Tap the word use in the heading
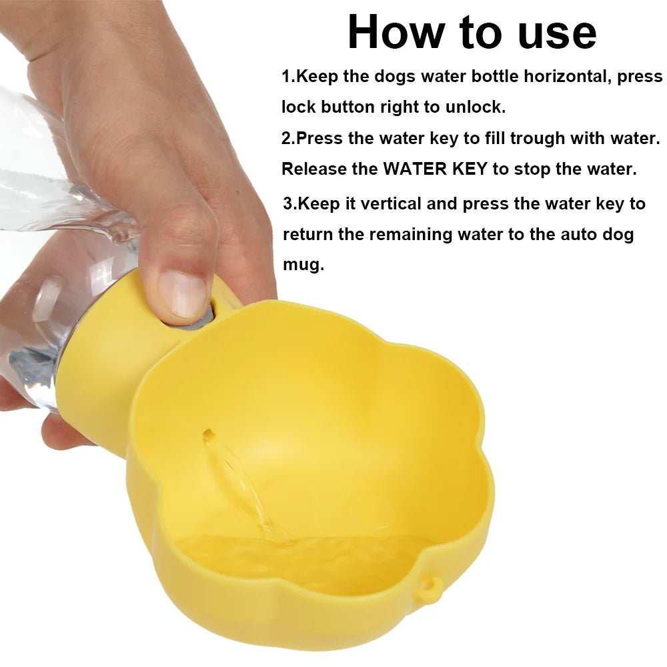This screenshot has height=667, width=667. [x=557, y=33]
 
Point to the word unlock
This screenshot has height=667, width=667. [x=476, y=107]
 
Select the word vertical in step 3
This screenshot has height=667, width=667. [x=391, y=203]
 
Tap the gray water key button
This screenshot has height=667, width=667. [x=203, y=317]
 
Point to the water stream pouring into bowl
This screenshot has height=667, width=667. [x=247, y=485]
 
